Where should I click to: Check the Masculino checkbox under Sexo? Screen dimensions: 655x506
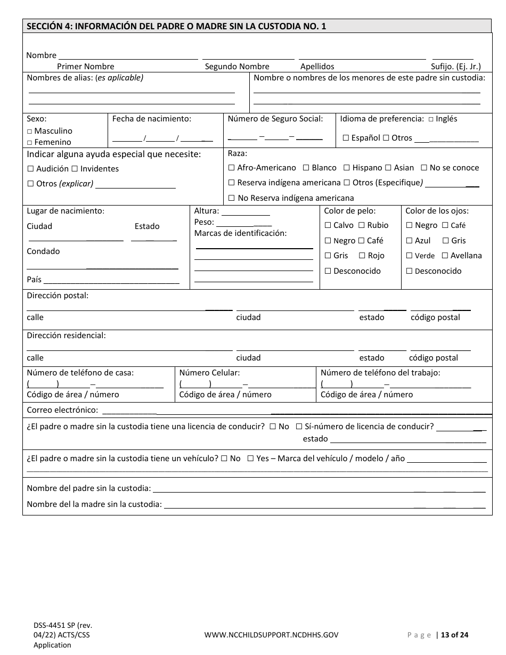point(30,132)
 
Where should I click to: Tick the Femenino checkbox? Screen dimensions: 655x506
point(30,143)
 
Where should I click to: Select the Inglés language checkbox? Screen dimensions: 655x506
point(431,119)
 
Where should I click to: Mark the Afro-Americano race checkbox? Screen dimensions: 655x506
point(231,168)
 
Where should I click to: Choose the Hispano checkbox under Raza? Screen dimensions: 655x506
point(347,168)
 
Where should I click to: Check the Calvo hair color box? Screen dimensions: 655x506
point(328,226)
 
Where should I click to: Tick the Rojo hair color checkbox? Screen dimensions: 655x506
point(363,256)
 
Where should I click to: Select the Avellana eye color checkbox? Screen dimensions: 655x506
point(445,256)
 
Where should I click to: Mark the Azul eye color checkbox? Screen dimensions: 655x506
point(409,241)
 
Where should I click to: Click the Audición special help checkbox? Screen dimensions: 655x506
point(30,169)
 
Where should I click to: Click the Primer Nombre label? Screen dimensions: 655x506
point(85,67)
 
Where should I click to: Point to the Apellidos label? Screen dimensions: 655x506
point(317,67)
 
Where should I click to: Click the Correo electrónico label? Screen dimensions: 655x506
point(62,410)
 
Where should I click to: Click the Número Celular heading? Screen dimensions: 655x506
point(209,373)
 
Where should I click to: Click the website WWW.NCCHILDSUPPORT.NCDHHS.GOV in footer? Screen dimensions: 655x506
point(271,635)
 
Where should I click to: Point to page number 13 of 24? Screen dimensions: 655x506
point(455,635)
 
